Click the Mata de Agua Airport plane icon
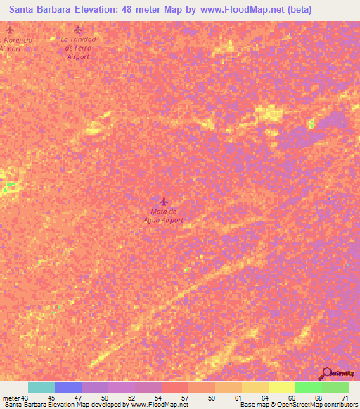point(164,202)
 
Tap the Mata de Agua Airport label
point(167,215)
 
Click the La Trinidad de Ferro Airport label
point(78,48)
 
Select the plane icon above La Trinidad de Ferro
point(78,30)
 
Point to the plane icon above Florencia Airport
point(9,30)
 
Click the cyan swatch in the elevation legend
point(41,387)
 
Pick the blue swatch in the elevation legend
point(68,387)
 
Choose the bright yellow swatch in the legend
point(281,387)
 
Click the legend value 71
point(345,398)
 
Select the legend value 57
point(184,398)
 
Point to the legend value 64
point(264,398)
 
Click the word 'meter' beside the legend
point(11,398)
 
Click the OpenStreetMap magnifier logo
point(326,373)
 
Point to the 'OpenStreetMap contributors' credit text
point(319,405)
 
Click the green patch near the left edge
point(10,186)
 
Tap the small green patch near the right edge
point(311,124)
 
